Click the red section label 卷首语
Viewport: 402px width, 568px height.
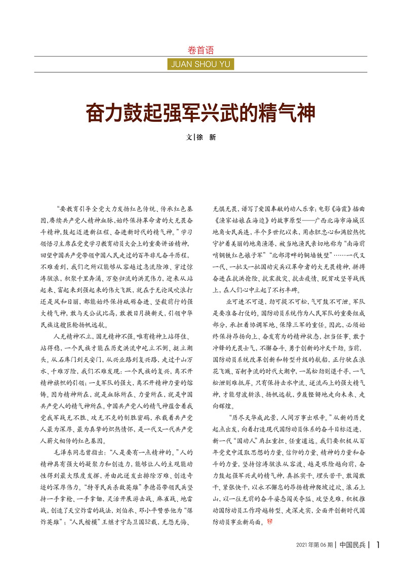tap(200, 50)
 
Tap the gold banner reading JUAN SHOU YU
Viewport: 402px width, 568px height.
tap(200, 64)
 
